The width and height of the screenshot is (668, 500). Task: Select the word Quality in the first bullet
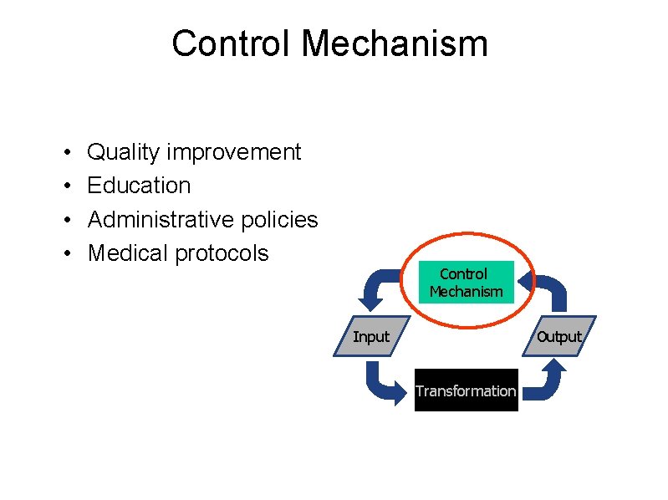point(124,152)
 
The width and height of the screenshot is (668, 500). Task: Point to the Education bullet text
point(139,186)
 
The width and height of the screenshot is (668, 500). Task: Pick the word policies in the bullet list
point(279,219)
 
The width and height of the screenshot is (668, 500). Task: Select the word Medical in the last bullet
point(128,253)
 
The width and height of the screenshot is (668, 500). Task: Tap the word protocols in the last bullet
point(222,253)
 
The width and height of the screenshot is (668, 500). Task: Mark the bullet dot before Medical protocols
point(65,254)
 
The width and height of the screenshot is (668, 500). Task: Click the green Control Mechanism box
point(466,283)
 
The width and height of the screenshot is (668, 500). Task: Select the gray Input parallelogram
point(370,336)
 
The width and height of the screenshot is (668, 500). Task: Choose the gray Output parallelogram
point(558,336)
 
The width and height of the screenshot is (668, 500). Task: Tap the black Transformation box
point(466,390)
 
